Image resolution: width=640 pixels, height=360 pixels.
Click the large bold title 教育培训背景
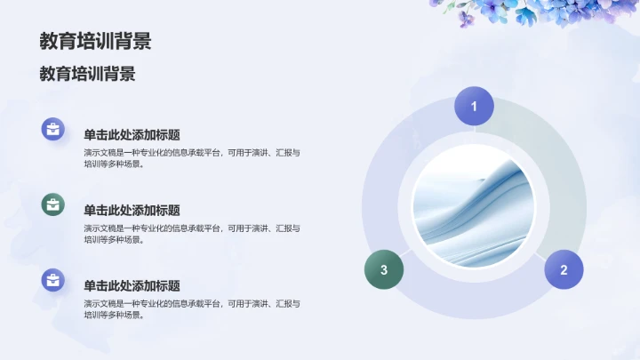(x=95, y=41)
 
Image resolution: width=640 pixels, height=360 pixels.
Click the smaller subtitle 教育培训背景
(x=87, y=74)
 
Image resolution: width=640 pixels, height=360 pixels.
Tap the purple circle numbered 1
(x=474, y=106)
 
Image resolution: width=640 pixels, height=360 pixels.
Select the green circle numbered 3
(x=384, y=269)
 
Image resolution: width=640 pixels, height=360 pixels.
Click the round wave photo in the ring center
(x=474, y=206)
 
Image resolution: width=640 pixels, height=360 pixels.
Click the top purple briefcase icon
(x=53, y=129)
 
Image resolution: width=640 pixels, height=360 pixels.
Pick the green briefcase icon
(x=53, y=204)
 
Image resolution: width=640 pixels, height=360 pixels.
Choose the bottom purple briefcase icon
(x=53, y=281)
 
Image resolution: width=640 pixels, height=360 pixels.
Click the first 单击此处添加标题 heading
(x=132, y=135)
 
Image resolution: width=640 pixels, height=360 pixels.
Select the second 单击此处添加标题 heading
(x=132, y=211)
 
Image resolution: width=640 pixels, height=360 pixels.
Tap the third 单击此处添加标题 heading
(x=132, y=286)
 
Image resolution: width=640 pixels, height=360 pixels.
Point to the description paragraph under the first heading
(x=191, y=158)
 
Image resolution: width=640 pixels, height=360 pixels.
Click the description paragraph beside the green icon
(x=191, y=234)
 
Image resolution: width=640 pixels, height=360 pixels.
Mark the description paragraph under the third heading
(x=191, y=308)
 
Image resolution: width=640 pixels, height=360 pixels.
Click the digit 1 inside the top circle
(x=474, y=107)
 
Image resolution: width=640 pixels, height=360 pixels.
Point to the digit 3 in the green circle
(x=384, y=270)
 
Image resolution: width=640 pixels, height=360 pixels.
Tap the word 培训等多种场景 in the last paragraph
(x=112, y=315)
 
